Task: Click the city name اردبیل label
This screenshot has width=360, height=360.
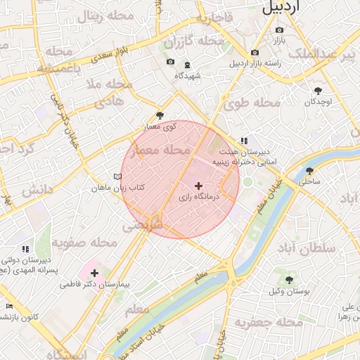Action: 291,7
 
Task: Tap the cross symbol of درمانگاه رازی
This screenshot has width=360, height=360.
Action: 198,186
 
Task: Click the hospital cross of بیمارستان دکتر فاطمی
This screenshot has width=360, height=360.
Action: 95,272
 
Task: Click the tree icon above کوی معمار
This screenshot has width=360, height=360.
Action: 160,116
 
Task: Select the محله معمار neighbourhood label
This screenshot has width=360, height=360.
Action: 167,150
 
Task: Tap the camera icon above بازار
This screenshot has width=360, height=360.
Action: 279,30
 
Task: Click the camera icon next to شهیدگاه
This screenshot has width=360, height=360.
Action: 170,63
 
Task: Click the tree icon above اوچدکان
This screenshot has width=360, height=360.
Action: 318,91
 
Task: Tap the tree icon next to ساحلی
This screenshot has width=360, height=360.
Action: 309,171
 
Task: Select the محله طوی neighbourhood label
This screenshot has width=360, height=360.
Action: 252,103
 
